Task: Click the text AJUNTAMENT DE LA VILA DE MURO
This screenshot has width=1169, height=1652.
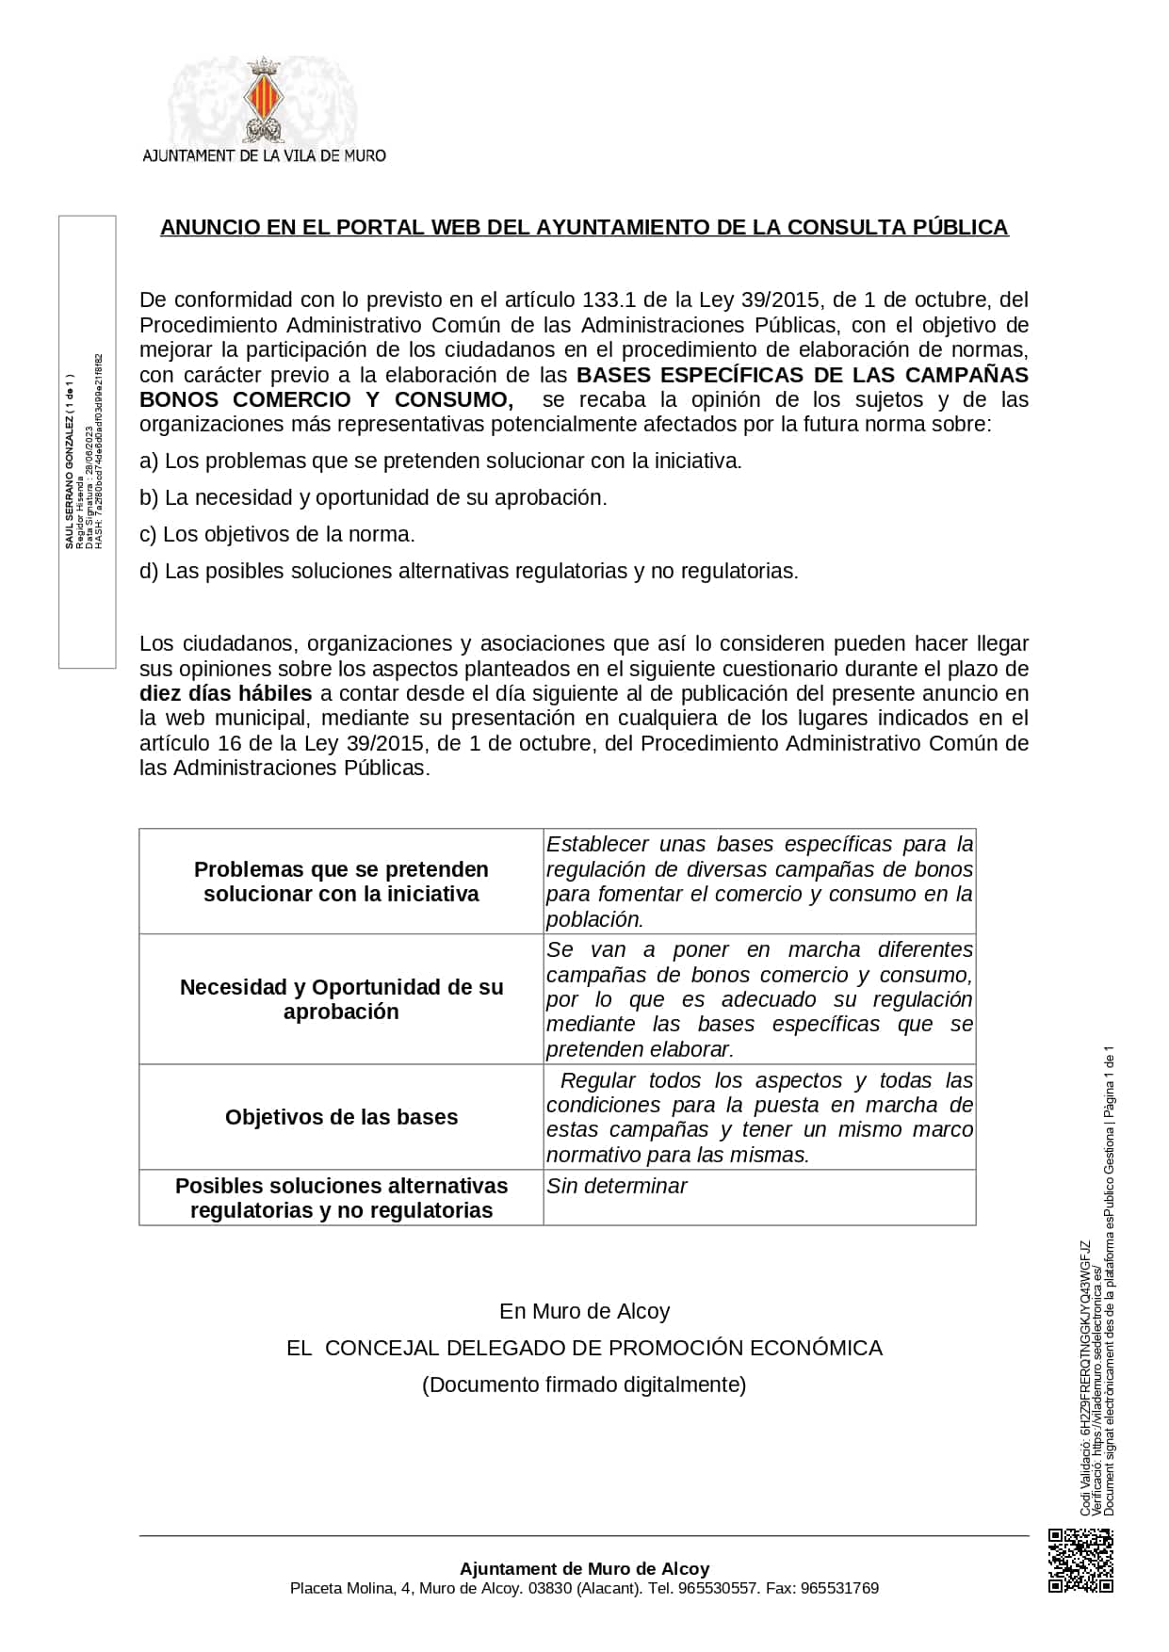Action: [x=264, y=155]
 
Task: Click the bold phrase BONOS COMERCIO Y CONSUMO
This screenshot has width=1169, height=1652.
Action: [x=326, y=399]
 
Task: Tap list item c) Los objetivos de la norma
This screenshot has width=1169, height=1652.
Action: [x=277, y=535]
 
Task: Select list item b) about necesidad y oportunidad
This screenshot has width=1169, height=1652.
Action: [x=373, y=498]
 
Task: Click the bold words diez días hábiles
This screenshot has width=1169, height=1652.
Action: [x=225, y=694]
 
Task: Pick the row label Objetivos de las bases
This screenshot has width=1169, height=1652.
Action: [x=341, y=1118]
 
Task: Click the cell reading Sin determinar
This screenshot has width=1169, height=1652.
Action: [x=617, y=1187]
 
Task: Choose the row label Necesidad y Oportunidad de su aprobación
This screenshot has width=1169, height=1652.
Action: [x=341, y=999]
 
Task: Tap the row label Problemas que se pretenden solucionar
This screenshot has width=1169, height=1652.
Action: [x=341, y=882]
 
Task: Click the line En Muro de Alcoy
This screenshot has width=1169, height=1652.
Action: [x=584, y=1312]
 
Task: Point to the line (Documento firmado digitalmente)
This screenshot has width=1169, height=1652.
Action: [x=584, y=1385]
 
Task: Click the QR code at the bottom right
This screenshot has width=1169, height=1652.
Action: [x=1080, y=1561]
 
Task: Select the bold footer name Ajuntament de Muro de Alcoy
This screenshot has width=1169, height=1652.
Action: [x=584, y=1569]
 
